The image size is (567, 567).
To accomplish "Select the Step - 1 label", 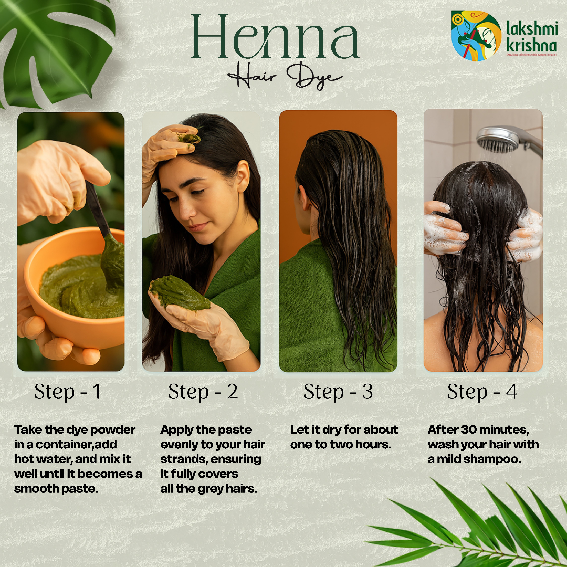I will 68,392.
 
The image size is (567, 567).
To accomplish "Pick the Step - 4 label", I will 482,392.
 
